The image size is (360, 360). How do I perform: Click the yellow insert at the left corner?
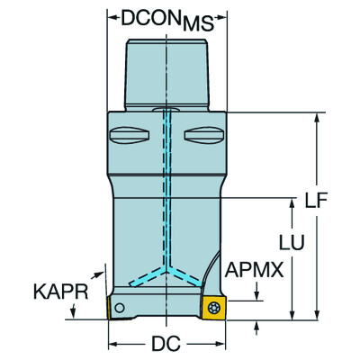coord(117,307)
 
